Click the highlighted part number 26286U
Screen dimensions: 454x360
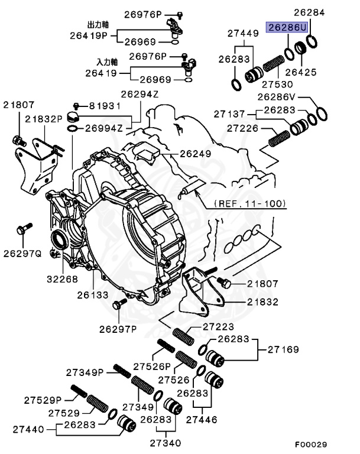[287, 28]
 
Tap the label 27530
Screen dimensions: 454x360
[277, 85]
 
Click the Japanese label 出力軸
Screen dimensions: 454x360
[97, 26]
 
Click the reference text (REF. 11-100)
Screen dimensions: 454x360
[248, 203]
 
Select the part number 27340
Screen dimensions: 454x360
[165, 442]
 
